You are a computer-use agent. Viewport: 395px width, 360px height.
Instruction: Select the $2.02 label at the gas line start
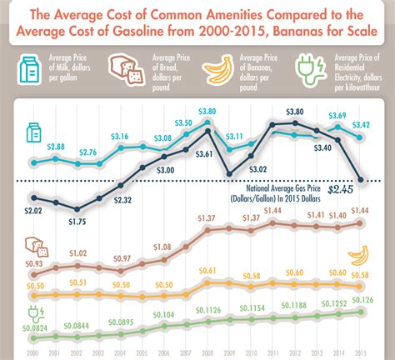click(33, 212)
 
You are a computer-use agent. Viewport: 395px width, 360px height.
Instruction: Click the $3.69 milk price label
click(337, 115)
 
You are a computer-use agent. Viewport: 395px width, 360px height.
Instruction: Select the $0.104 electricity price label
click(162, 314)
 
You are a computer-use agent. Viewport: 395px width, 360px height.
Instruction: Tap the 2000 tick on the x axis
click(32, 352)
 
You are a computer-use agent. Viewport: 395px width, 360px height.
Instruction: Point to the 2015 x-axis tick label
click(361, 352)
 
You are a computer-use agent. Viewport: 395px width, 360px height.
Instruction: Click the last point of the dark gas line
click(361, 180)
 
